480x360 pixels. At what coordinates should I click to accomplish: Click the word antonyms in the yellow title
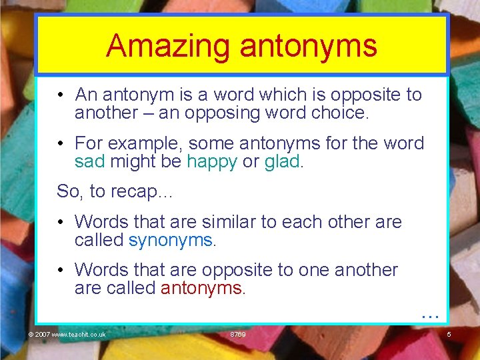[x=309, y=46]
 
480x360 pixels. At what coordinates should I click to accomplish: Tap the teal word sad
[x=90, y=161]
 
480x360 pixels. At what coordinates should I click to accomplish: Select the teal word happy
[x=212, y=161]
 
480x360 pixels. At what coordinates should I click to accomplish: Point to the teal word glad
[x=282, y=161]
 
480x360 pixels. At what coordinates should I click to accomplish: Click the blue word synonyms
[x=170, y=240]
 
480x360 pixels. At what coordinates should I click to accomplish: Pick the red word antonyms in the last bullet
[x=202, y=288]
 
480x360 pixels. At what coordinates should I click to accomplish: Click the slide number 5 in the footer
[x=449, y=334]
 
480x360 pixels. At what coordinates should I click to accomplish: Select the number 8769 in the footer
[x=237, y=334]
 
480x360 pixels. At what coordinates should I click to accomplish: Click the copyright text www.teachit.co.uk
[x=78, y=334]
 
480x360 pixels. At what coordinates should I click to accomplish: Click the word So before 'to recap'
[x=68, y=191]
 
